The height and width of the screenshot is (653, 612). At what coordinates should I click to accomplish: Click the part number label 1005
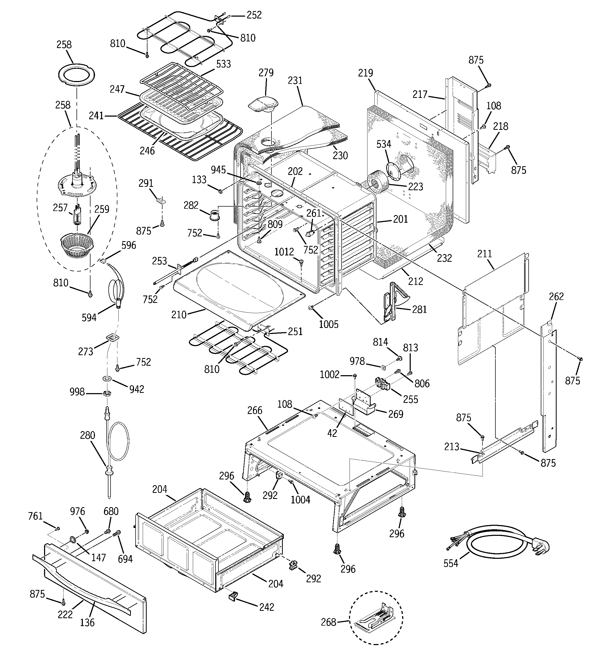tap(328, 324)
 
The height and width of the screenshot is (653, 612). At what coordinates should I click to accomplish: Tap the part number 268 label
tap(328, 622)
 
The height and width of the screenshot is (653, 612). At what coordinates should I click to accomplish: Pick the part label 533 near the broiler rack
tap(223, 64)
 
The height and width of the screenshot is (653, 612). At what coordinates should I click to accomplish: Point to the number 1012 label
tap(284, 252)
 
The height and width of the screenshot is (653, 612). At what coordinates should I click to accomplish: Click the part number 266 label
tap(255, 411)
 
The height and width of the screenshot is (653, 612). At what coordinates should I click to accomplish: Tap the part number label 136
tap(87, 622)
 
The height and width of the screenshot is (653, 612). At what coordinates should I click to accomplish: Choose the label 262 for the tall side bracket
tap(556, 297)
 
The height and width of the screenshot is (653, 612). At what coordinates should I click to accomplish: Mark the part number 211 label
tap(485, 254)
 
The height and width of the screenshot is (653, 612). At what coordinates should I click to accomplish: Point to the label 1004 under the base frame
tap(300, 500)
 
